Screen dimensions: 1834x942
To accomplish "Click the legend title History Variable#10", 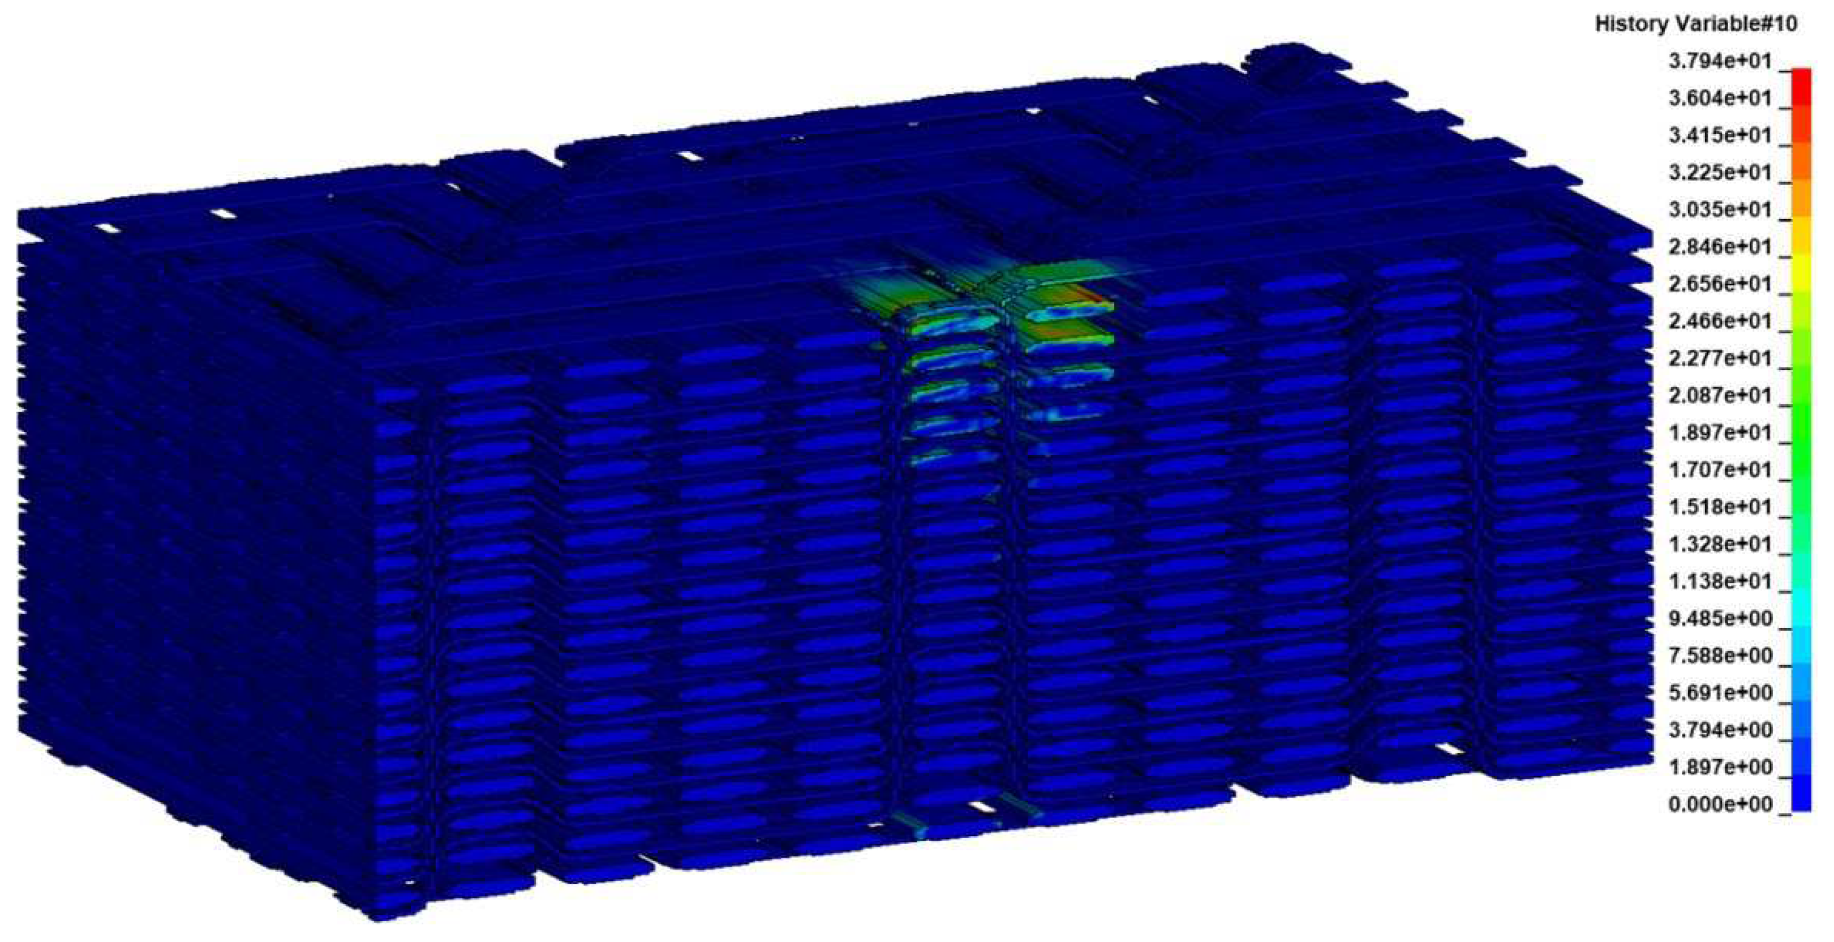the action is [1696, 24].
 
